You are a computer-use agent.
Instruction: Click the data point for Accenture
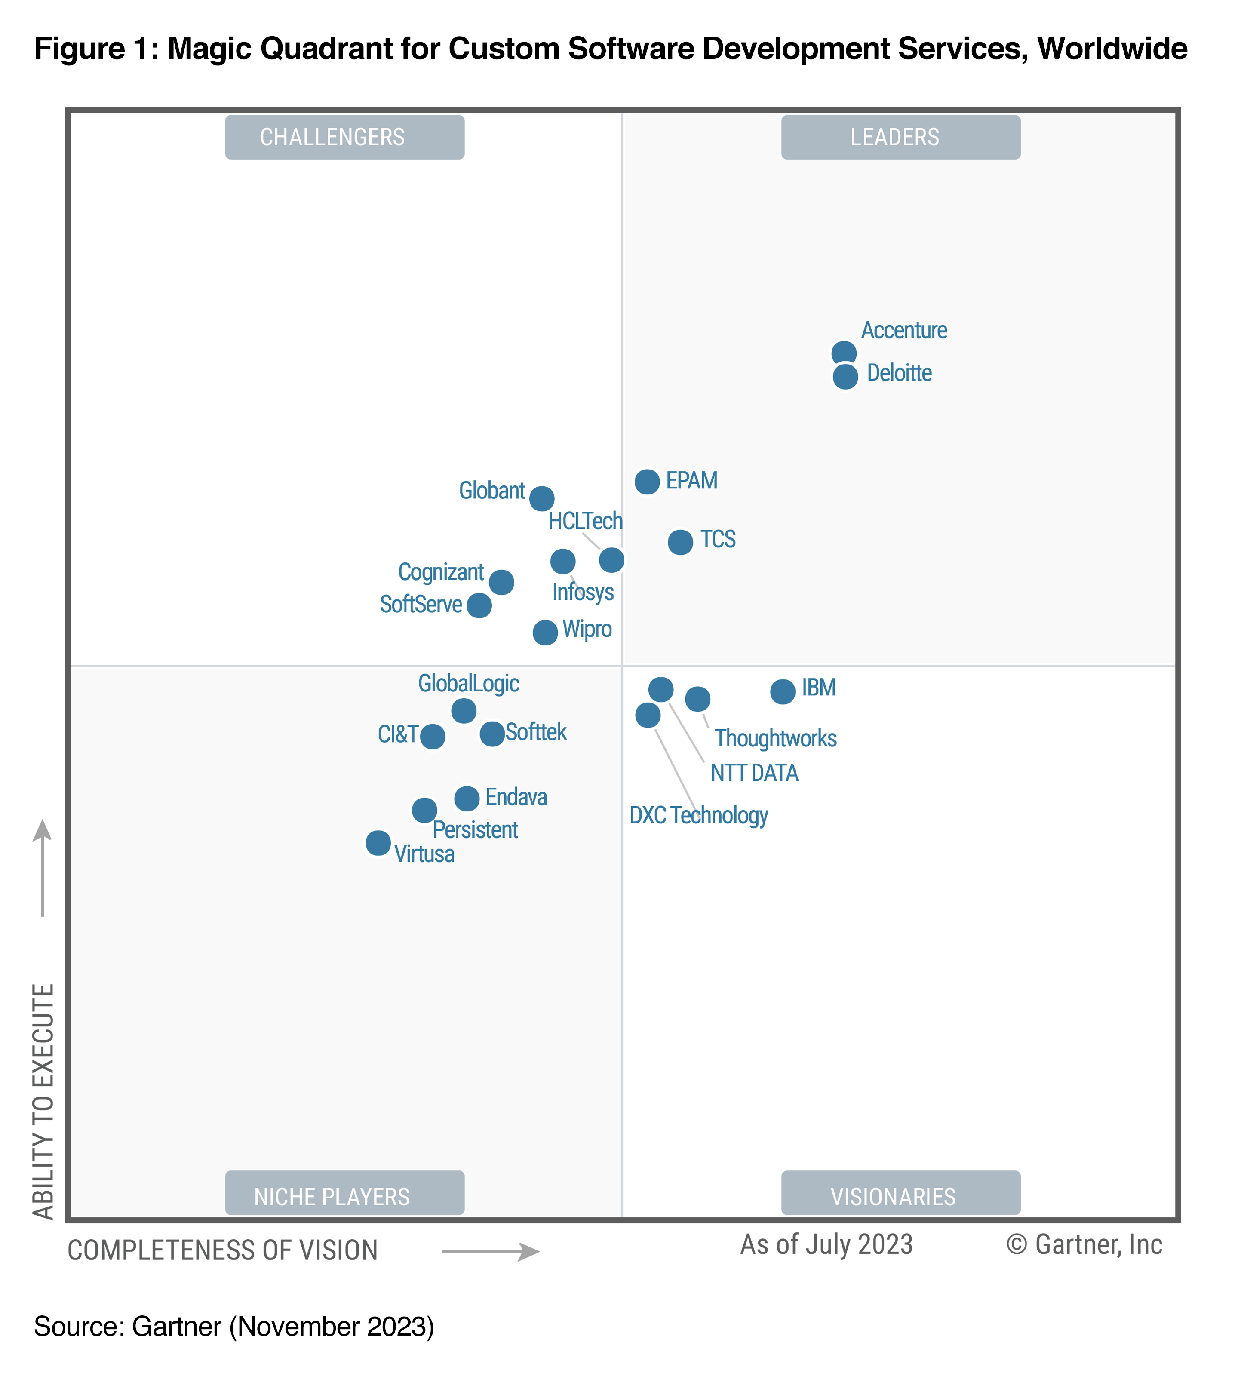tap(843, 353)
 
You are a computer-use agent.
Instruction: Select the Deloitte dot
tap(845, 376)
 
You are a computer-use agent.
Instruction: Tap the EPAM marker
tap(647, 481)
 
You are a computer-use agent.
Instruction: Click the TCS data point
tap(680, 542)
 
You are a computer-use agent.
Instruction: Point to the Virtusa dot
tap(378, 842)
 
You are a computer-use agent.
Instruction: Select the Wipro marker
tap(544, 632)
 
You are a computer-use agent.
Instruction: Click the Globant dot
tap(541, 498)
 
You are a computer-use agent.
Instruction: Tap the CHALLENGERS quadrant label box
tap(344, 137)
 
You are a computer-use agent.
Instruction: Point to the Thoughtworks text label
tap(775, 738)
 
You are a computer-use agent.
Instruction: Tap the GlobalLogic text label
tap(468, 683)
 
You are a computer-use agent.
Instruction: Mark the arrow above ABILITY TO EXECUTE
tap(42, 867)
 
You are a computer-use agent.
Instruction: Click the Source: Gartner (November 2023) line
tap(233, 1326)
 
